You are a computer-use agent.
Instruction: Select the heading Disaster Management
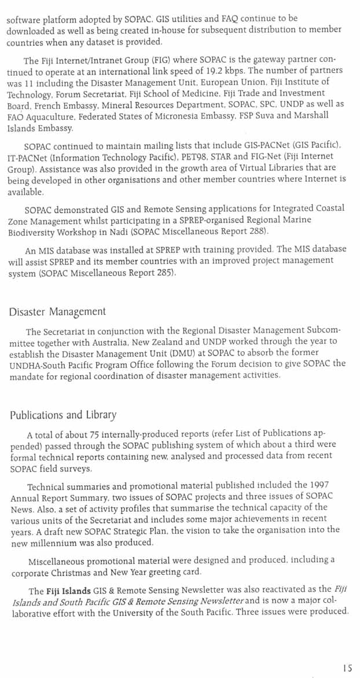point(57,311)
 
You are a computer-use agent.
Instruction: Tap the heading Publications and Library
point(63,415)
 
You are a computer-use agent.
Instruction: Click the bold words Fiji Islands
point(68,591)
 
